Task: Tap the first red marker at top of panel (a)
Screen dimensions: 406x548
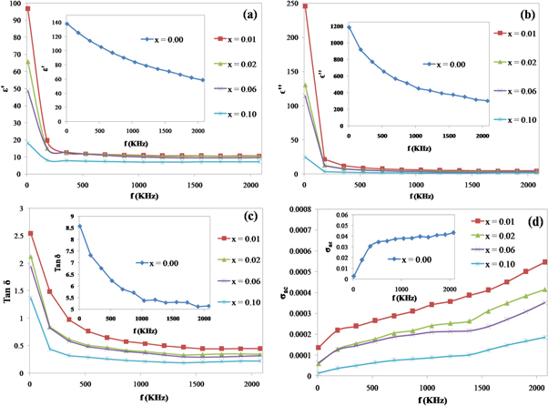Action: (x=28, y=8)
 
